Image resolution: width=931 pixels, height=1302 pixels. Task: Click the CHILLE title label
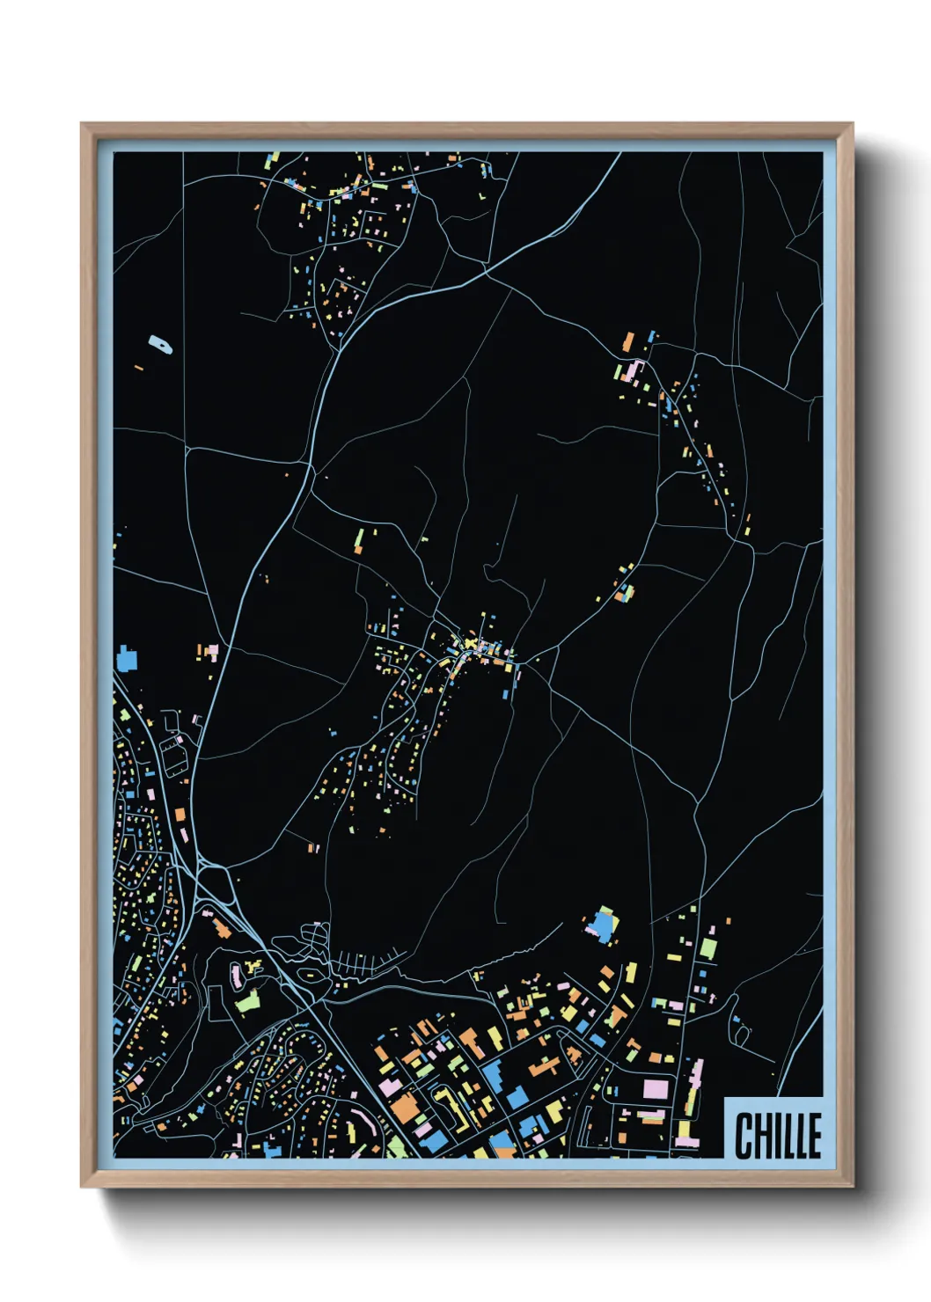click(x=778, y=1134)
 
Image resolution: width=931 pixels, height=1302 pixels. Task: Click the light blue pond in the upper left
click(x=159, y=344)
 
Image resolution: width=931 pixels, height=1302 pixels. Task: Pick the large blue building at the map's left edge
click(x=128, y=658)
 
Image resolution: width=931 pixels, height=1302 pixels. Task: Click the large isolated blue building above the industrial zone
click(x=603, y=925)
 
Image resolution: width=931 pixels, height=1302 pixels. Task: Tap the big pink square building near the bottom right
click(x=656, y=1088)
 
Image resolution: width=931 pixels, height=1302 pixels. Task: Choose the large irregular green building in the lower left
click(x=248, y=1001)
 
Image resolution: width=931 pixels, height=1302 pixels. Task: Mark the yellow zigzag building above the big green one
click(x=254, y=967)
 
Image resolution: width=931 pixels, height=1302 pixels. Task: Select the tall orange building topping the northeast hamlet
click(x=628, y=341)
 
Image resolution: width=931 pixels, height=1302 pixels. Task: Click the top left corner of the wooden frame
click(x=82, y=124)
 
